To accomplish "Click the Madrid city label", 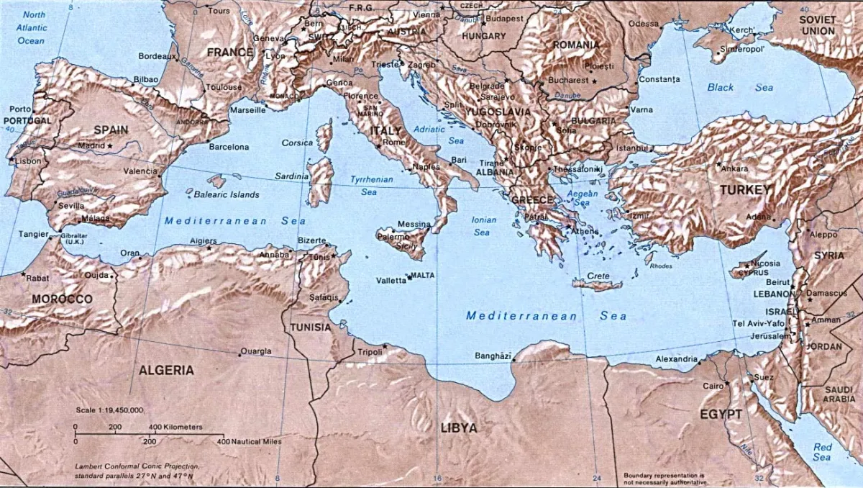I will tap(91, 145).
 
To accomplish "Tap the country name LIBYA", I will tap(458, 428).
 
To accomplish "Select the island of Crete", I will tap(597, 285).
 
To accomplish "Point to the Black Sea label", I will tap(739, 87).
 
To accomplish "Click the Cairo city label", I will tap(713, 387).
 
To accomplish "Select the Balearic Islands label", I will tap(227, 194).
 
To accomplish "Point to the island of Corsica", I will tap(325, 136).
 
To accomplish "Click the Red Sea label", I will tap(822, 452).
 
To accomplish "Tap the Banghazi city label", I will tap(493, 356).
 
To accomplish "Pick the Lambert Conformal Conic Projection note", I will tap(137, 471).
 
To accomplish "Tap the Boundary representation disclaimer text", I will tap(666, 478).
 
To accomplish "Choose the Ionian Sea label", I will tap(482, 226).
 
